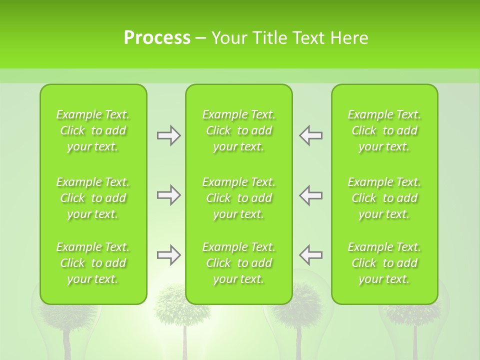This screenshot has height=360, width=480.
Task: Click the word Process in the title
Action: click(157, 38)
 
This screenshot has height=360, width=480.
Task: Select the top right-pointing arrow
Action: click(168, 135)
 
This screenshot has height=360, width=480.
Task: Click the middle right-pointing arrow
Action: click(168, 195)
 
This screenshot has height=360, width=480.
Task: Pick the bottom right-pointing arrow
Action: click(168, 255)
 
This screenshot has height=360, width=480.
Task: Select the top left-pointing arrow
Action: click(311, 135)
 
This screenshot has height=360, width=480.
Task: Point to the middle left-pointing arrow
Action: click(311, 195)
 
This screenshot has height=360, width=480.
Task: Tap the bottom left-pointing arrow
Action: click(311, 255)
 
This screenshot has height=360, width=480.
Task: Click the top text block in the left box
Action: click(93, 130)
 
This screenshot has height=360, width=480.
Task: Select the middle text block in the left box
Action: click(93, 198)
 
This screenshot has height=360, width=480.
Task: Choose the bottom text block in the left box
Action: click(93, 263)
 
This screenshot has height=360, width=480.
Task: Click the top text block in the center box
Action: click(239, 130)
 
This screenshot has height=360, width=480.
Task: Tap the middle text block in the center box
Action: click(239, 198)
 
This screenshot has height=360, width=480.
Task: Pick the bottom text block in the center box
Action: click(239, 263)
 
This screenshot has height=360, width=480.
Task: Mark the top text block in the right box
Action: click(384, 130)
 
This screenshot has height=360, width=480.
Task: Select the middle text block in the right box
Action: click(384, 198)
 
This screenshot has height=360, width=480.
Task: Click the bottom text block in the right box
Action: click(384, 263)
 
